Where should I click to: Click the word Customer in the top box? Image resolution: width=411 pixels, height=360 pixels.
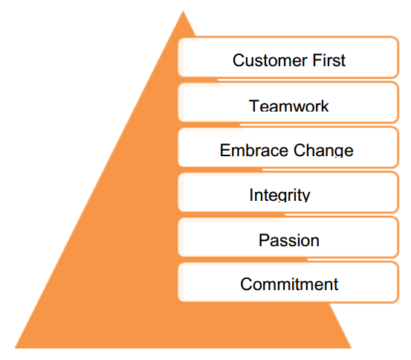(x=270, y=60)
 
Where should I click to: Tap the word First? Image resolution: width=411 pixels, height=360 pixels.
(x=329, y=60)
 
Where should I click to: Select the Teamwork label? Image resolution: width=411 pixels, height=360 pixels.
(x=288, y=106)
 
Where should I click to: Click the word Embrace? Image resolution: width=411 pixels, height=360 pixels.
(x=254, y=150)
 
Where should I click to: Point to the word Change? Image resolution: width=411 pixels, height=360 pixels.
(x=323, y=150)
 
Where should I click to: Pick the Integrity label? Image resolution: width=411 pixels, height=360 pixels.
(x=279, y=195)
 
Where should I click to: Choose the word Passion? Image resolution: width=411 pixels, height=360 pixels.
(x=289, y=240)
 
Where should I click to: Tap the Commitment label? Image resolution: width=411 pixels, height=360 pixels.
(x=289, y=284)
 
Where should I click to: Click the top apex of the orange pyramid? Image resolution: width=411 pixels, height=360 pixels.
(x=183, y=11)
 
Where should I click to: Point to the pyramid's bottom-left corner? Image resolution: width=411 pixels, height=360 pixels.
(x=15, y=348)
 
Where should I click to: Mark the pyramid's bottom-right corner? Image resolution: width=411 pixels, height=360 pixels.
(x=351, y=348)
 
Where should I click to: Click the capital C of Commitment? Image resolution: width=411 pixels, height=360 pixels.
(x=247, y=284)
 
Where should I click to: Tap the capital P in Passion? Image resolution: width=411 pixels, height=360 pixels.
(x=264, y=240)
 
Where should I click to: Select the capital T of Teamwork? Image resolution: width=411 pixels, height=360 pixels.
(x=254, y=106)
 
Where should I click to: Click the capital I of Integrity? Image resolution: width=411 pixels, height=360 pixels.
(x=251, y=195)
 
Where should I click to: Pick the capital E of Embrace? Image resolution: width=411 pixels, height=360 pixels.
(x=225, y=150)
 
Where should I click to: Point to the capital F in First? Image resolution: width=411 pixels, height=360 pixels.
(x=317, y=60)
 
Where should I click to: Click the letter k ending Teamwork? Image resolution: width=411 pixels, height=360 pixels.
(x=325, y=106)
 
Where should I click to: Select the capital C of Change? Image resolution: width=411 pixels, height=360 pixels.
(x=300, y=150)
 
